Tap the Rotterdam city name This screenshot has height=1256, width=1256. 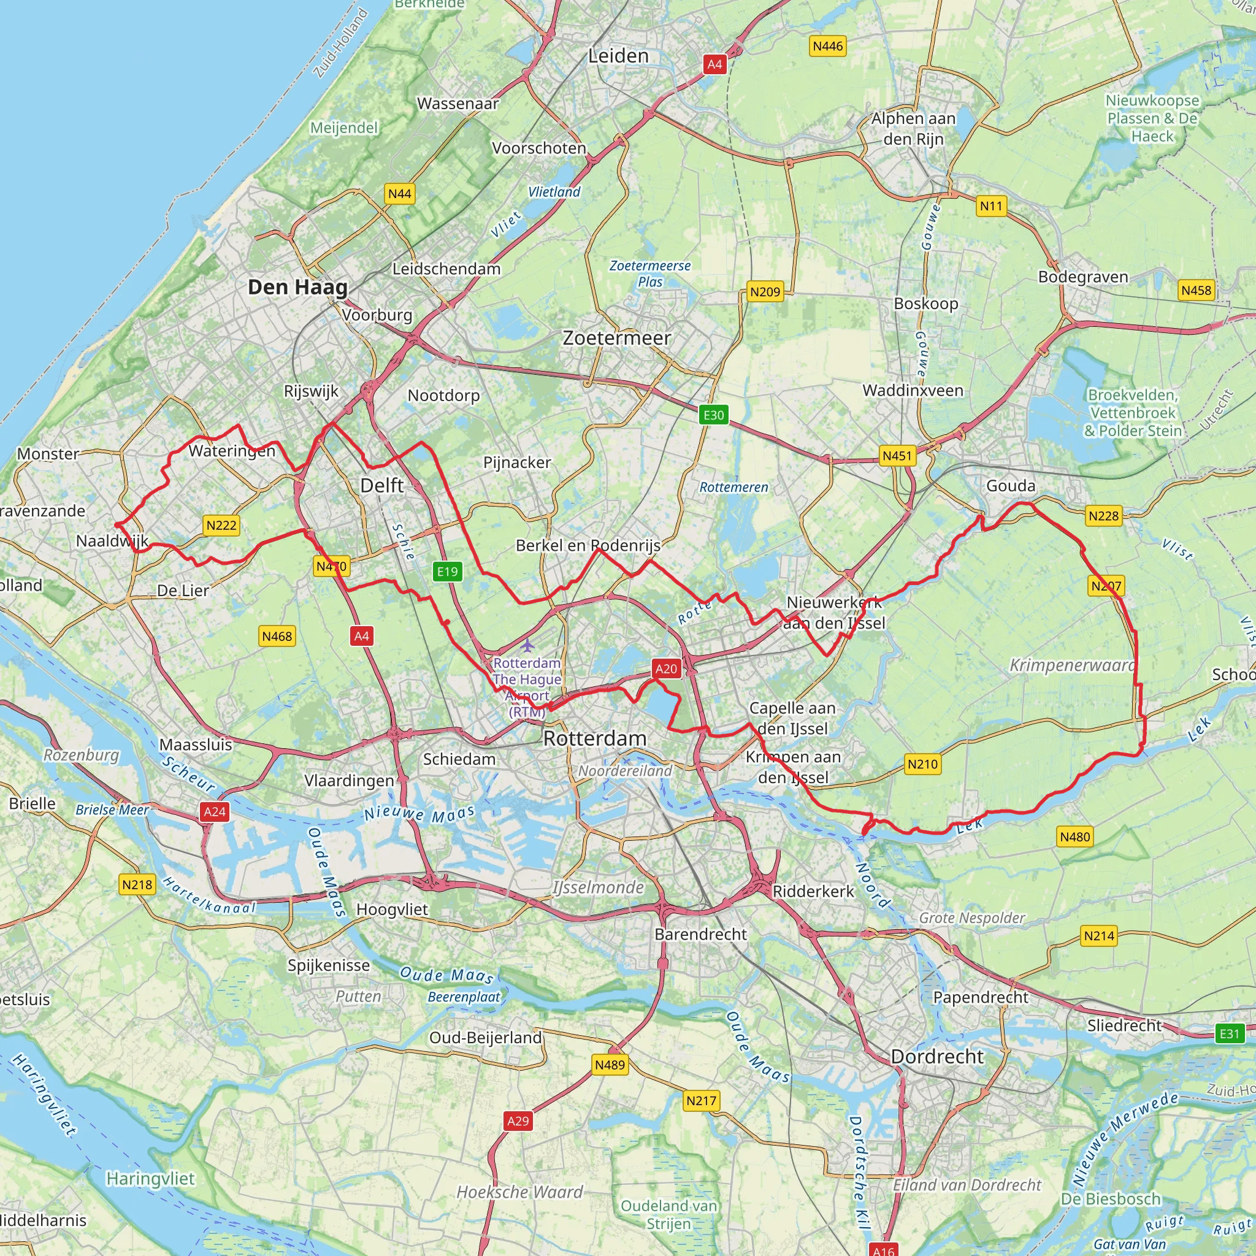pos(595,738)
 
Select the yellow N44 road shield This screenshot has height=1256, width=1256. pos(399,194)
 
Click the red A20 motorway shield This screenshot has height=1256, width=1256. pos(665,668)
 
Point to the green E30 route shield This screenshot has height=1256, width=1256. pos(713,415)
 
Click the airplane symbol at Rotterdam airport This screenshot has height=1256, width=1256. pos(528,646)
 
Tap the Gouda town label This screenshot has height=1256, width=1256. pos(1010,486)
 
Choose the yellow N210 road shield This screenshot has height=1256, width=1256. pos(922,764)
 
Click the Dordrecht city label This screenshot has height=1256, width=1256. pos(937,1057)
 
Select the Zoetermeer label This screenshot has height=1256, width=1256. pos(616,338)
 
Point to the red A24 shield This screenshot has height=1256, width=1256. pos(215,811)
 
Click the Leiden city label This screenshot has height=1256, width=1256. pos(618,56)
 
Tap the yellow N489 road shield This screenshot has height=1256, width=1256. pos(610,1064)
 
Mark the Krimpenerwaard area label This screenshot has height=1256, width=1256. pos(1071,665)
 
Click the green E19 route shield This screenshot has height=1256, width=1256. pos(447,572)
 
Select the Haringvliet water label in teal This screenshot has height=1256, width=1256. pos(150,1179)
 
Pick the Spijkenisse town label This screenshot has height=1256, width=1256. pos(329,965)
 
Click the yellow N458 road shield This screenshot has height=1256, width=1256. pos(1196,290)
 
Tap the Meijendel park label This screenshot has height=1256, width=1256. pos(344,128)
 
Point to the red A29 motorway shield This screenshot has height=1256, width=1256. pos(518,1121)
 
